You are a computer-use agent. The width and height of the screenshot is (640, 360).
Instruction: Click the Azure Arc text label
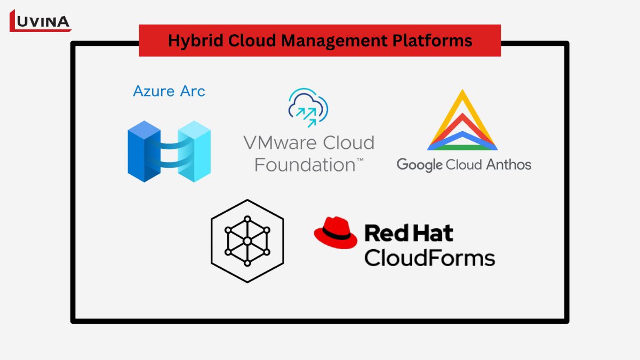(x=169, y=91)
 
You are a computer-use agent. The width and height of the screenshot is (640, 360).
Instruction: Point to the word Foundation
(x=303, y=164)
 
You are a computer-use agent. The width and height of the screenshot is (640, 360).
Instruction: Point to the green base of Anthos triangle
(x=462, y=147)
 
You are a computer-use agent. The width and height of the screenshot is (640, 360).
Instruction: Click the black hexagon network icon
(x=247, y=241)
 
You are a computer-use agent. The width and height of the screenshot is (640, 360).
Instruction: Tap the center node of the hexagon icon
(x=247, y=241)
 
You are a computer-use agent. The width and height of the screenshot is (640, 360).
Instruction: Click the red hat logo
(x=335, y=233)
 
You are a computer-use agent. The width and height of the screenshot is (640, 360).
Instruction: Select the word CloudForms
(x=429, y=258)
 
